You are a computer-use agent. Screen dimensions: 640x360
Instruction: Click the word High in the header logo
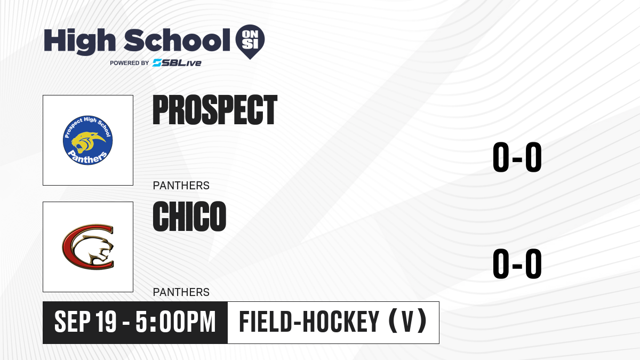click(x=79, y=42)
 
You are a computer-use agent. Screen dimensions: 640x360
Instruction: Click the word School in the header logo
click(x=177, y=40)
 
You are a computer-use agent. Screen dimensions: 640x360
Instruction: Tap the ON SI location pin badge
click(x=250, y=42)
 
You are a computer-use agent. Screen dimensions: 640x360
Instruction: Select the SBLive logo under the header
click(x=177, y=63)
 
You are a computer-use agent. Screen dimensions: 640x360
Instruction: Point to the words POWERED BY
click(x=130, y=63)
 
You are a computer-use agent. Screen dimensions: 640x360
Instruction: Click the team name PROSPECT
click(x=215, y=110)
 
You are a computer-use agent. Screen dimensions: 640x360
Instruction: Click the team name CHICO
click(x=189, y=217)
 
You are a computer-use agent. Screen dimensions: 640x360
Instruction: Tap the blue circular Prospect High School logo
click(x=87, y=140)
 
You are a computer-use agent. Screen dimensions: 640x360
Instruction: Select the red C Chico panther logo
click(x=88, y=247)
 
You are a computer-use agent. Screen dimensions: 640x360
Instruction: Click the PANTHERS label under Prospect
click(x=181, y=186)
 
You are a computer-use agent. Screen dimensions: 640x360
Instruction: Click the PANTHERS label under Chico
click(x=181, y=292)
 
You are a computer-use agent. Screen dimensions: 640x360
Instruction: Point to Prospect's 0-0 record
click(x=517, y=157)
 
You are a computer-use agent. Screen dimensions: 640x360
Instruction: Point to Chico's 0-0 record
click(x=517, y=263)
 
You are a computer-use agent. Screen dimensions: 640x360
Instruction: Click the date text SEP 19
click(x=85, y=322)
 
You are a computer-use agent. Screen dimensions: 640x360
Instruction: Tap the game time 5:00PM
click(x=175, y=322)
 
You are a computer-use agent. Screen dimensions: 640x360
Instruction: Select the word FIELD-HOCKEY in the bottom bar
click(x=309, y=322)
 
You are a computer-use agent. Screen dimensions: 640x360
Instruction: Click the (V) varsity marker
click(x=407, y=321)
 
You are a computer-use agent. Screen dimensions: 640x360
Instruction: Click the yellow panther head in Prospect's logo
click(x=87, y=141)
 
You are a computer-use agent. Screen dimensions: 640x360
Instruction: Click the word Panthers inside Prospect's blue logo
click(x=87, y=157)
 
